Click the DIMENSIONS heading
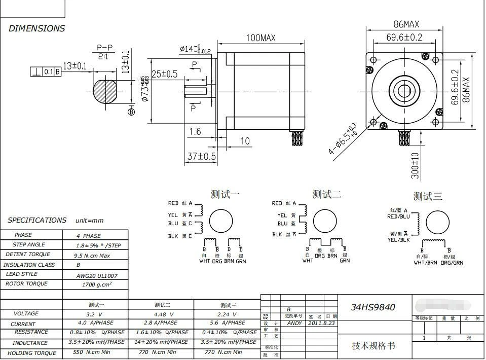pyautogui.click(x=36, y=28)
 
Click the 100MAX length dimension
pyautogui.click(x=260, y=38)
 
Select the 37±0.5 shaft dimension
pyautogui.click(x=201, y=156)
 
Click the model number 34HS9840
pyautogui.click(x=373, y=307)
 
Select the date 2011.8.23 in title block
pyautogui.click(x=321, y=323)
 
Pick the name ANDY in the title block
pyautogui.click(x=294, y=323)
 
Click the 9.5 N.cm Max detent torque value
pyautogui.click(x=92, y=256)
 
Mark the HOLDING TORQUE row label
pyautogui.click(x=31, y=353)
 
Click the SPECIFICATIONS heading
pyautogui.click(x=37, y=220)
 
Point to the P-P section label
pyautogui.click(x=104, y=48)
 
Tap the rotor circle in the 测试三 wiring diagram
pyautogui.click(x=437, y=222)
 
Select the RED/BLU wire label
pyautogui.click(x=398, y=217)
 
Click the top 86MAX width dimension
pyautogui.click(x=406, y=24)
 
